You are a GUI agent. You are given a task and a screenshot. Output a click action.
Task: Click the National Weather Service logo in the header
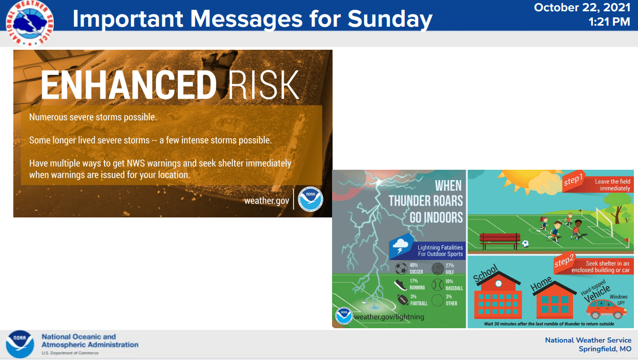pos(30,23)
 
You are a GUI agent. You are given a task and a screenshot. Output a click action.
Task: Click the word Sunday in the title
pos(389,19)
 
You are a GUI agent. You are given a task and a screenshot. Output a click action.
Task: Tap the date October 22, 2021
pos(582,7)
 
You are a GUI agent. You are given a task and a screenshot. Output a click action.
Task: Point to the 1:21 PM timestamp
pos(609,22)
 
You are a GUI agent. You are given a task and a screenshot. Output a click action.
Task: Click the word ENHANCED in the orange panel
pos(129,85)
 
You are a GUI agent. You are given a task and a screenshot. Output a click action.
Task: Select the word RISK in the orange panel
pos(263,85)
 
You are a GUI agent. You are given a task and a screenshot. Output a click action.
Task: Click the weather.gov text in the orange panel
pos(266,201)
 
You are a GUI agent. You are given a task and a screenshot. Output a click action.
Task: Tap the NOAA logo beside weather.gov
pos(310,199)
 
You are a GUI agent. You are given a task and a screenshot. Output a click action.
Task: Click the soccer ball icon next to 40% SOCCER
pos(401,269)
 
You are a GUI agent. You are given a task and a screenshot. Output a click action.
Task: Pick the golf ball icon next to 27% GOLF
pos(438,269)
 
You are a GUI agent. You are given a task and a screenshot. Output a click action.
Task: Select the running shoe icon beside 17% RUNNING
pos(400,285)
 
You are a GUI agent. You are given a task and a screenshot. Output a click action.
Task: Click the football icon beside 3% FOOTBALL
pos(402,299)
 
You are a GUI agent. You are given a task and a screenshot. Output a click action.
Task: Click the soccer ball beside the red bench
pos(525,244)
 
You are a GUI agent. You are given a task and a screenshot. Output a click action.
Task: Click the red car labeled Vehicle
pos(606,309)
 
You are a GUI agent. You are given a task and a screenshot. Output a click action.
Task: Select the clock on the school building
pos(498,283)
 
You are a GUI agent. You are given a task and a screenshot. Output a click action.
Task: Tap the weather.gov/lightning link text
pos(389,317)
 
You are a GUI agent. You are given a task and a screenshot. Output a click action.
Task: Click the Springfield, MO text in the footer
pos(605,349)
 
